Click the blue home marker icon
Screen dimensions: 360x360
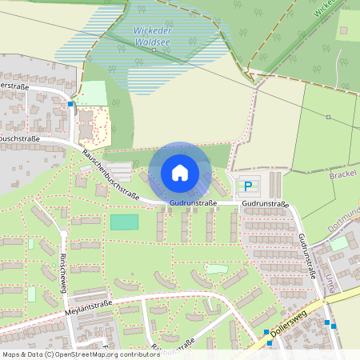coord(180,172)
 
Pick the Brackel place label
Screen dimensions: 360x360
coord(344,173)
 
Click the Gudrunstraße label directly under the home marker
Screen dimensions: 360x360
coord(193,204)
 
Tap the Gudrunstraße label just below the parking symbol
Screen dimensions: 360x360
coord(265,204)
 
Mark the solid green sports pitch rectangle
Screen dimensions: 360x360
coord(123,222)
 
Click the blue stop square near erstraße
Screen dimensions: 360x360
coord(70,104)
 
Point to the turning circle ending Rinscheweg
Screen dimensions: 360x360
coord(63,234)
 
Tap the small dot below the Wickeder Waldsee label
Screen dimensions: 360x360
coord(154,50)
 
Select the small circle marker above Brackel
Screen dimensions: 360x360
coord(328,117)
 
